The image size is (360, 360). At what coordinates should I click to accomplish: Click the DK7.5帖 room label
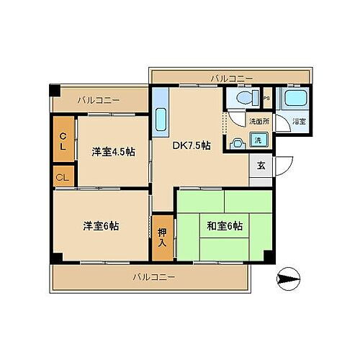tap(191, 145)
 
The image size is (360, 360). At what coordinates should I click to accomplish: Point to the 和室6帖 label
tap(224, 225)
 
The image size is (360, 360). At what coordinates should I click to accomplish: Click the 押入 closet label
tap(162, 237)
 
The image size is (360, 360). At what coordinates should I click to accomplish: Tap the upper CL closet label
tap(63, 141)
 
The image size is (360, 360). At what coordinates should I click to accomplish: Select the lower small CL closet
tap(63, 177)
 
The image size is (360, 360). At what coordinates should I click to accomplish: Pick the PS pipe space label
tap(266, 99)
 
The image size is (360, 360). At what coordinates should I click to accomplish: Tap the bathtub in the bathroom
tap(293, 99)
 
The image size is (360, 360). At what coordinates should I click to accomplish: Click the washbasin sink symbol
tap(237, 142)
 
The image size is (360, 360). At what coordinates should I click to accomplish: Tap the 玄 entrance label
tap(261, 166)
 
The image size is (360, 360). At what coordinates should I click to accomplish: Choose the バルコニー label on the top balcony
tap(232, 77)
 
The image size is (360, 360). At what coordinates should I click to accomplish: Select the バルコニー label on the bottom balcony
tap(153, 276)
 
